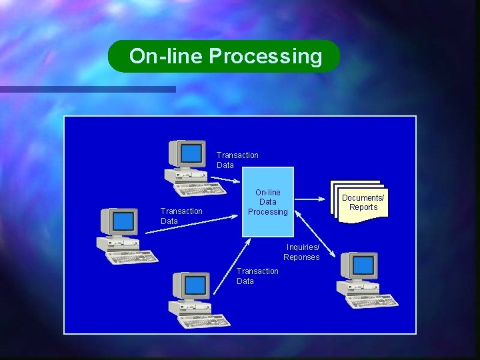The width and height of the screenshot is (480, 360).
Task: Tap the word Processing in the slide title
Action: (265, 57)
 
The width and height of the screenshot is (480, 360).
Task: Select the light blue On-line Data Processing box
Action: (267, 202)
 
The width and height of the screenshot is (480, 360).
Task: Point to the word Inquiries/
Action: (303, 247)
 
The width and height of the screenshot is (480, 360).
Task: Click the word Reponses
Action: (301, 257)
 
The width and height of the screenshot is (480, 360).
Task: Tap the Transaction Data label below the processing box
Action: (257, 276)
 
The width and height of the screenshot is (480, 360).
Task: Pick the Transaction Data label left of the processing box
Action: (181, 216)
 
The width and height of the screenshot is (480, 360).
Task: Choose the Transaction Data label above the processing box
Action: (237, 160)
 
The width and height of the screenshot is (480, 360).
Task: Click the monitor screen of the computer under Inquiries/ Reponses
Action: (363, 266)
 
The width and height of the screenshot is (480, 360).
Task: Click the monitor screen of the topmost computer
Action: (192, 153)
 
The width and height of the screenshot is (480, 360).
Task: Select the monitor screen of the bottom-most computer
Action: (195, 285)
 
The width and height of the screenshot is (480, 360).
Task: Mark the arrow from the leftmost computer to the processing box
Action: (193, 222)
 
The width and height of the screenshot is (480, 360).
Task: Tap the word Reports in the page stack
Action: (363, 207)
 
